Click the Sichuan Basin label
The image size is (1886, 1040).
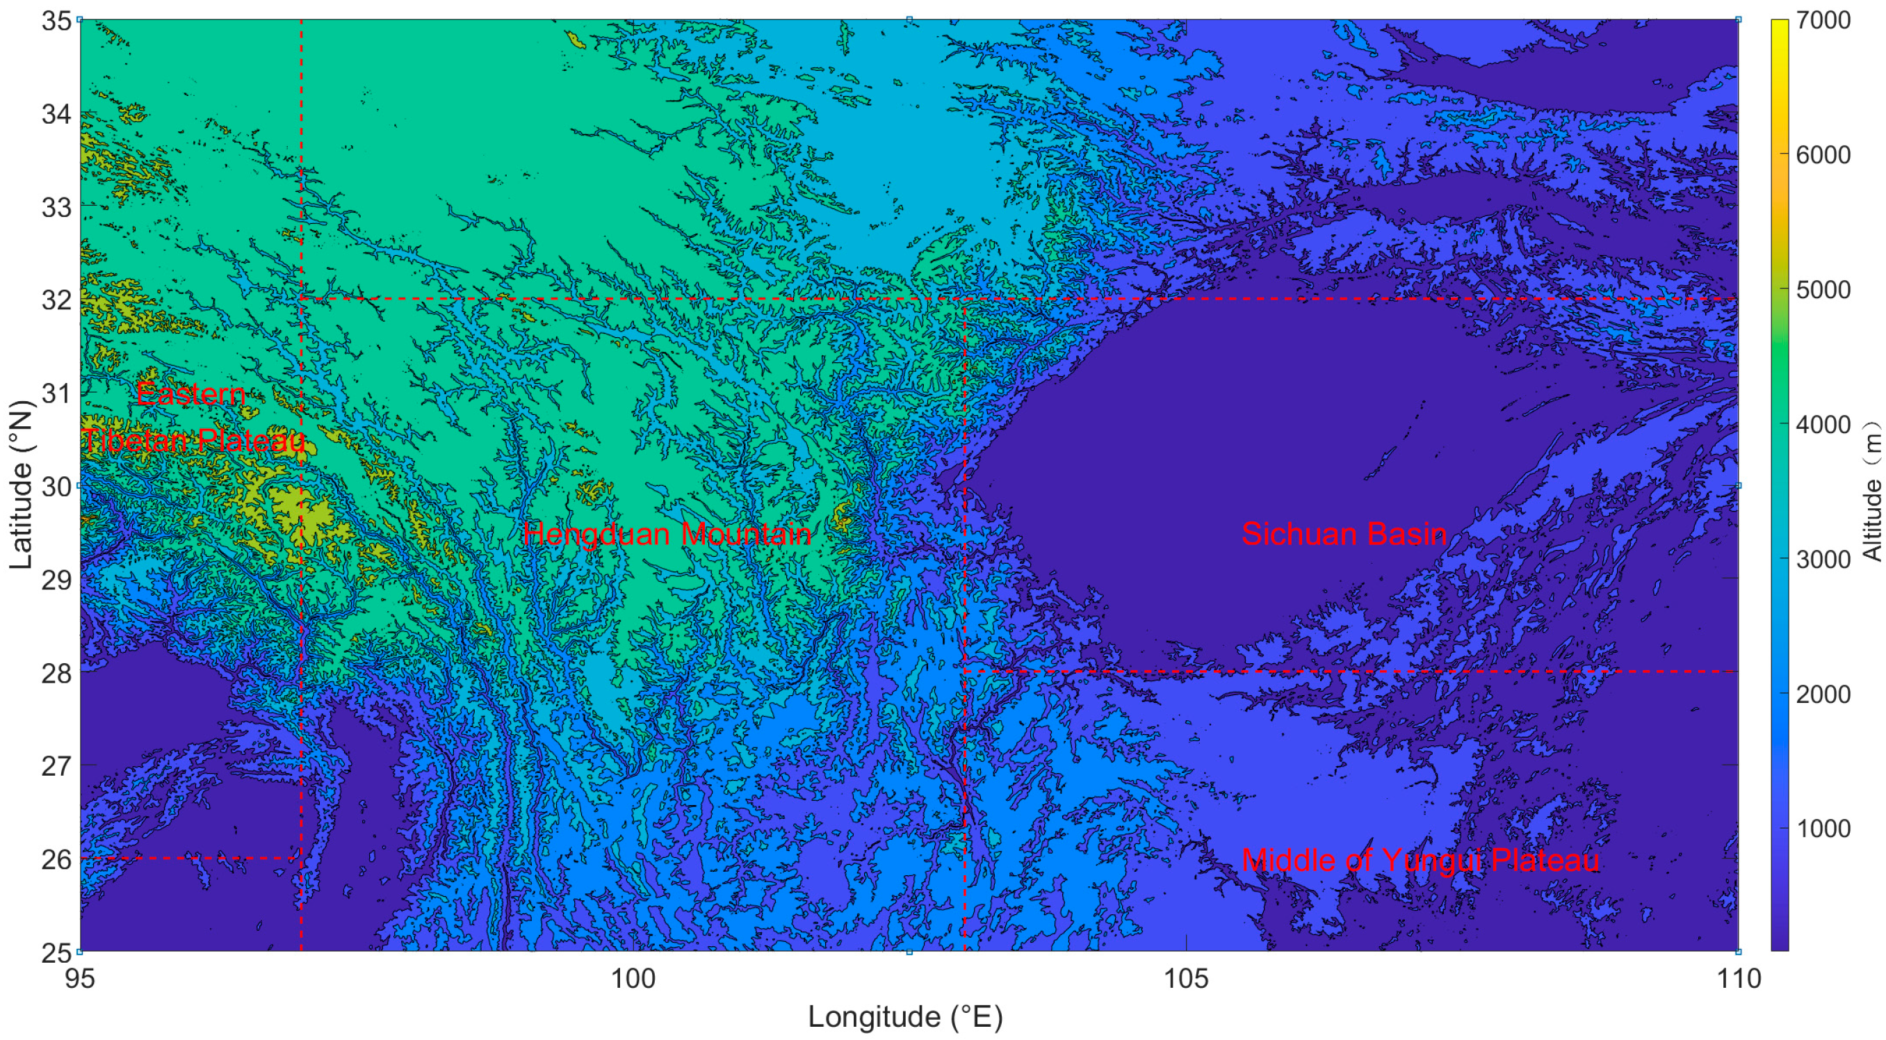pos(1344,533)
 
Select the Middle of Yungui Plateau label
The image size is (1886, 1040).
pos(1420,860)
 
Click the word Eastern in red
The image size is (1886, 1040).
pos(190,394)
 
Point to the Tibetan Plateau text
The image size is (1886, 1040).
pos(193,441)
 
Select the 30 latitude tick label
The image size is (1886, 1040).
pos(56,487)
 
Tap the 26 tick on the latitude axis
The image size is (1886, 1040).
pos(56,859)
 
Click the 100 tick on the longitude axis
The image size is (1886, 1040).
pos(633,979)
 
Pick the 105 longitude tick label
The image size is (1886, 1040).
pos(1186,979)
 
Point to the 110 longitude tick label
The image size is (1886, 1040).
pos(1738,979)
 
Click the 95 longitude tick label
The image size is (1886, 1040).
pos(80,979)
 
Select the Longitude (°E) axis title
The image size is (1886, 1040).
pos(905,1017)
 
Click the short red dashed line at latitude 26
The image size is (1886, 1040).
pos(190,858)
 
